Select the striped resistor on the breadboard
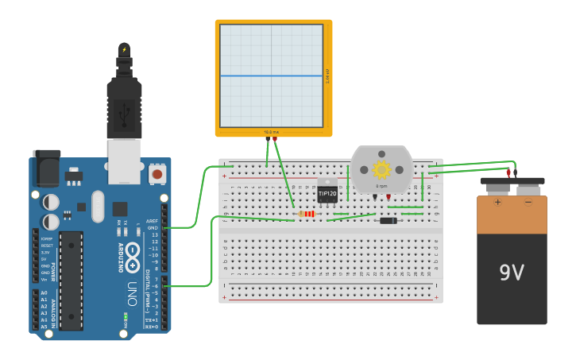pyautogui.click(x=307, y=213)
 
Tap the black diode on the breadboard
pyautogui.click(x=388, y=220)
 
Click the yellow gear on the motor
pyautogui.click(x=381, y=169)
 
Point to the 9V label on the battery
pyautogui.click(x=512, y=273)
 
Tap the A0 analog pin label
pyautogui.click(x=44, y=293)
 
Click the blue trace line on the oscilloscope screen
pyautogui.click(x=271, y=76)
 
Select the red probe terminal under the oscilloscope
pyautogui.click(x=275, y=139)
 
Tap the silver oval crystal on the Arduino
pyautogui.click(x=98, y=207)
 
